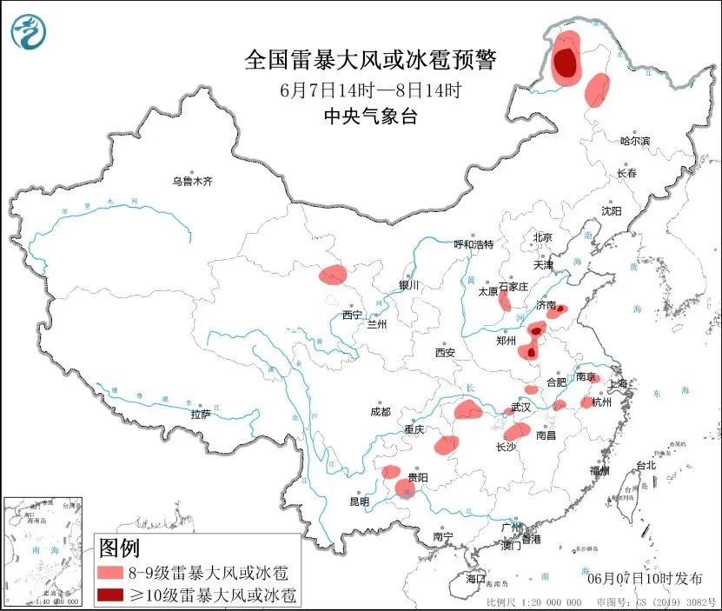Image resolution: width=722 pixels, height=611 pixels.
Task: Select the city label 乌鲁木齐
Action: pos(191,182)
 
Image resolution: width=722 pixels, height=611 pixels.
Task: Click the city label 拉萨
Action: pos(201,415)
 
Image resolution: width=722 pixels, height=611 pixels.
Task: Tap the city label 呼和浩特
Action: pos(474,244)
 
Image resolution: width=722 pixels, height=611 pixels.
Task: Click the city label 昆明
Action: pos(359,501)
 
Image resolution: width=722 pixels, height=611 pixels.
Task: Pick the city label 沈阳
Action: pos(612,211)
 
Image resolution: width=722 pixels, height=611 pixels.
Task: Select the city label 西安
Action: pos(445,353)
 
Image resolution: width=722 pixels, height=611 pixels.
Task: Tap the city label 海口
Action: pos(475,578)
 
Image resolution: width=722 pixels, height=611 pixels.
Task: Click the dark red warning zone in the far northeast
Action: pos(565,63)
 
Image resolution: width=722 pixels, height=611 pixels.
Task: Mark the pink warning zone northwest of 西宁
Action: pos(332,276)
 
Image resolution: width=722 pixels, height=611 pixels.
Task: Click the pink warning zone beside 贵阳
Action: pos(405,488)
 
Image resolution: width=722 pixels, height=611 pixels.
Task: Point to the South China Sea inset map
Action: pos(43,551)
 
